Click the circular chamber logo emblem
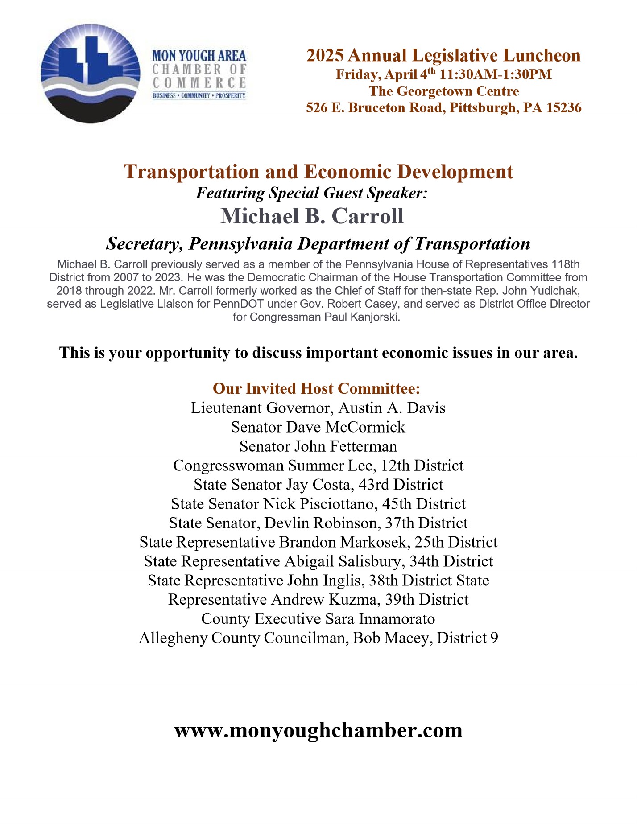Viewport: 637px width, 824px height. click(90, 74)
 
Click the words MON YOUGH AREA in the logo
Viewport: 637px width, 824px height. click(199, 56)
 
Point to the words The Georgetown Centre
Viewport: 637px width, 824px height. click(443, 91)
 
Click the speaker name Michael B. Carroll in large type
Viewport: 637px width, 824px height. click(312, 216)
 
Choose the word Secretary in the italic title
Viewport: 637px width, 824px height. click(145, 244)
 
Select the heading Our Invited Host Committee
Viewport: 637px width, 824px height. click(316, 388)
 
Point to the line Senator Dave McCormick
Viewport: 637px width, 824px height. click(318, 427)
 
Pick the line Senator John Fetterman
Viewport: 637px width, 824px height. click(318, 446)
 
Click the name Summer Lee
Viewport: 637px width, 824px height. click(330, 466)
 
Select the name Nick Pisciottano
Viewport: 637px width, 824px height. click(318, 504)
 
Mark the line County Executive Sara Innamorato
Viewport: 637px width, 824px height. click(318, 619)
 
